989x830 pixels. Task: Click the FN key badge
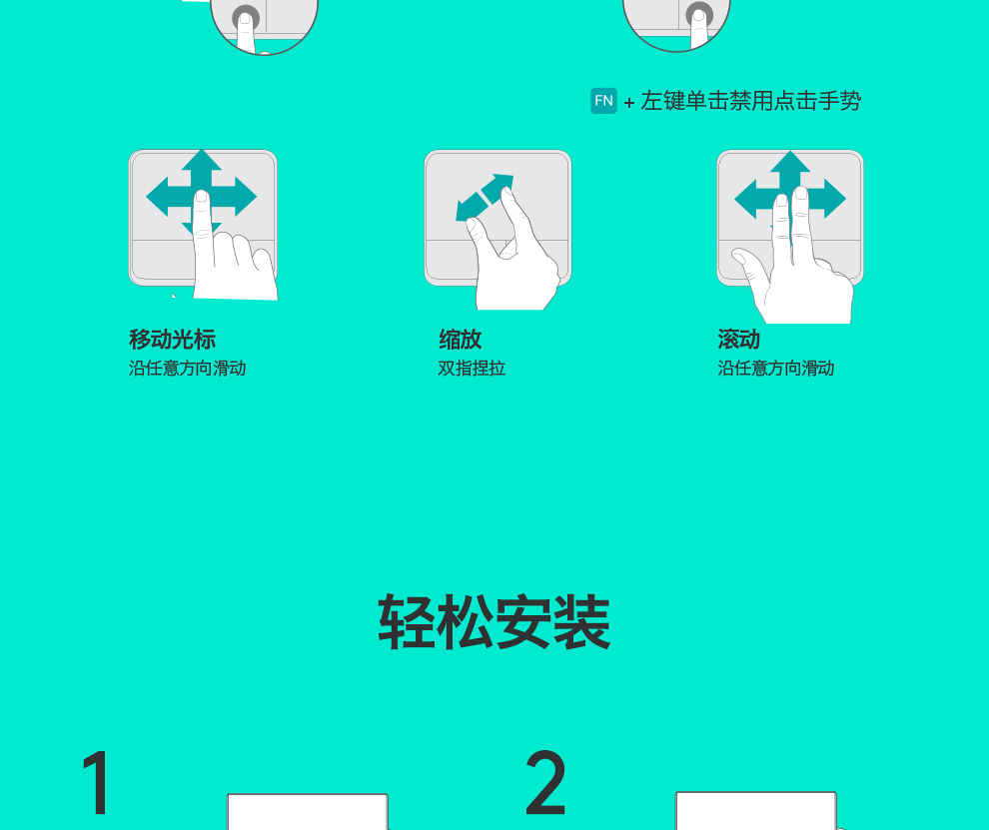coord(603,101)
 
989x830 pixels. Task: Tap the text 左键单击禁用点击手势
coord(750,101)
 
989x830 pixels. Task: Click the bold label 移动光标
coord(172,340)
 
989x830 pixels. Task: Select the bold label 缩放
coord(460,340)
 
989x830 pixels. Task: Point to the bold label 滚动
coord(738,340)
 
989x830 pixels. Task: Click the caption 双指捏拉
coord(472,369)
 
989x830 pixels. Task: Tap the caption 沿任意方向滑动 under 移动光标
coord(188,369)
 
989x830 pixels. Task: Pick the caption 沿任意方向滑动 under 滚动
coord(776,369)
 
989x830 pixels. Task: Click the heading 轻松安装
coord(494,622)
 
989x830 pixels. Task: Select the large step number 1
coord(97,783)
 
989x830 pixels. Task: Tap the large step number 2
coord(545,783)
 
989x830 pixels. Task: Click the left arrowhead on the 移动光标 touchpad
coord(158,197)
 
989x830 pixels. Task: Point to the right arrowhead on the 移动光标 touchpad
coord(245,197)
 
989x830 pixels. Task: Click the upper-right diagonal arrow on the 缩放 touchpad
coord(498,188)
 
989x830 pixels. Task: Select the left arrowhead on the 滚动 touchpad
coord(746,199)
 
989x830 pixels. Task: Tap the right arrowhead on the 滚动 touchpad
coord(834,199)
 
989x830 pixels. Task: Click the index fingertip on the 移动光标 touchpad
coord(201,198)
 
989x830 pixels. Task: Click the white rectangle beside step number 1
coord(308,812)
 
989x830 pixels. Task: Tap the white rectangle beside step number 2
coord(756,810)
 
